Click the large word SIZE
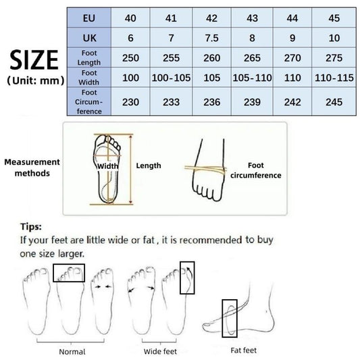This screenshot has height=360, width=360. [x=33, y=61]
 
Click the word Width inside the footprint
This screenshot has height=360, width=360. [x=107, y=165]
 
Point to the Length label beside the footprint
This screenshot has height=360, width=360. [x=149, y=165]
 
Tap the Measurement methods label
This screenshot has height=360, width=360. [x=31, y=168]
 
